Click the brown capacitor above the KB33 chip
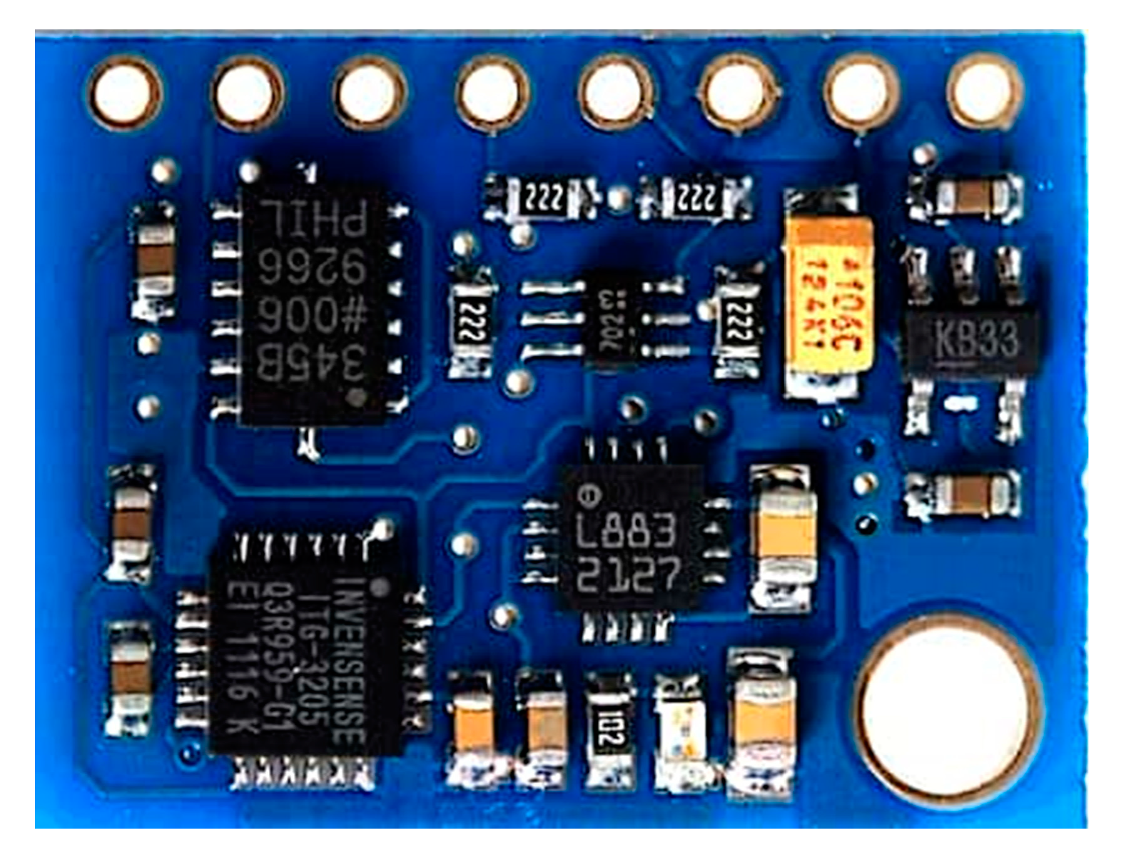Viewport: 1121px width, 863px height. coord(966,194)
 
